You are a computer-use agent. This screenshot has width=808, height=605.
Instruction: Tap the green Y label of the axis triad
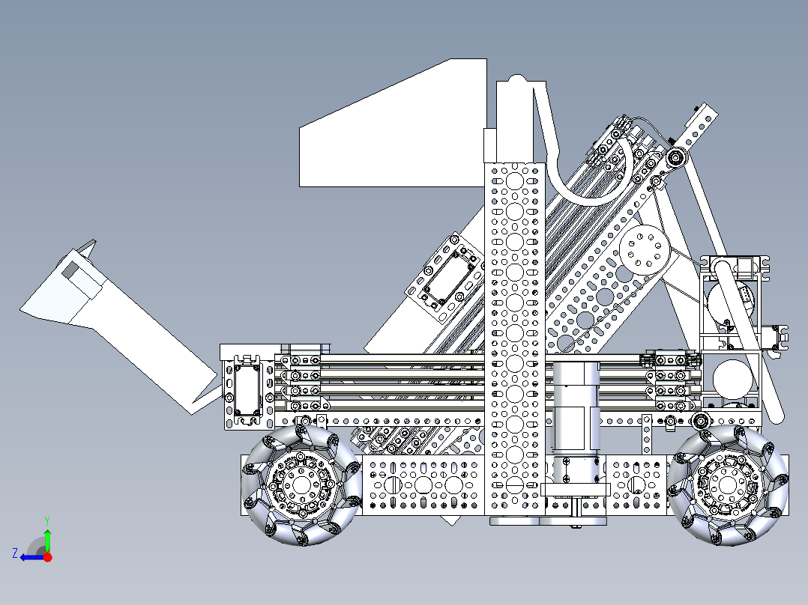46,519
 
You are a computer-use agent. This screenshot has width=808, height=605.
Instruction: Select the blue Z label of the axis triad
14,553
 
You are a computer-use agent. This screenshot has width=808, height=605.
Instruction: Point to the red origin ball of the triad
47,557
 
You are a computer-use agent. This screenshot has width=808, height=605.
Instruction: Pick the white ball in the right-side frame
733,378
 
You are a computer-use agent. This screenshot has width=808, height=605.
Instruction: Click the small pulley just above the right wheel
702,421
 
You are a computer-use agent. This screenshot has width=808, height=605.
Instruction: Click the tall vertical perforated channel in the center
514,337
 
